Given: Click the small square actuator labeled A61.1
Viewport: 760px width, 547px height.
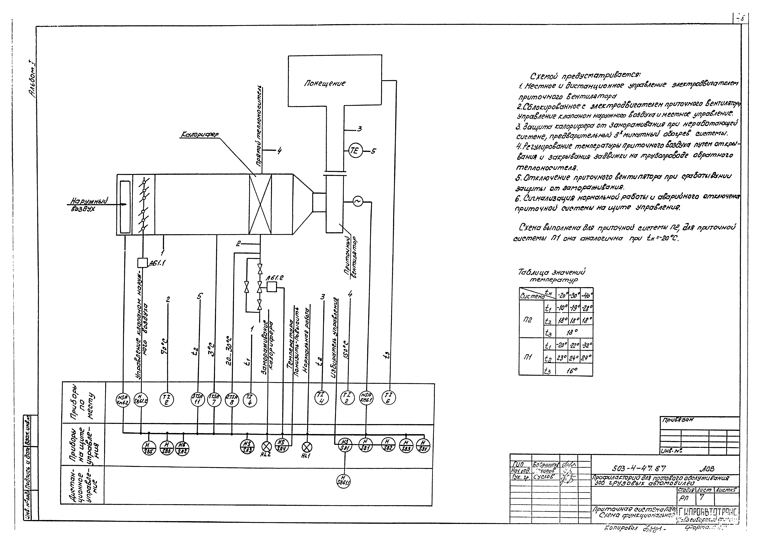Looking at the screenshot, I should [142, 263].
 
